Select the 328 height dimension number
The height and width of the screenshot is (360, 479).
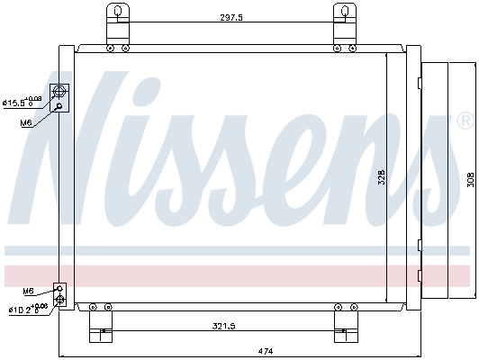(382, 178)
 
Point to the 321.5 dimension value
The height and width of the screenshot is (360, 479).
(219, 326)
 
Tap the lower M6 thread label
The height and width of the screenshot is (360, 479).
(28, 291)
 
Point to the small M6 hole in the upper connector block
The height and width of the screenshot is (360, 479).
(60, 106)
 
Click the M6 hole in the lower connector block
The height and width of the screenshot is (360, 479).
(60, 289)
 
